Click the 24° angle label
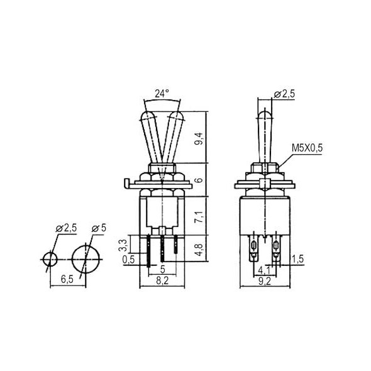tap(162, 94)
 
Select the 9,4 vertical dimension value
tap(199, 138)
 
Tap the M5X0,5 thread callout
tap(307, 148)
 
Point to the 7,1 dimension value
tap(199, 217)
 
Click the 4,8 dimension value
tap(199, 250)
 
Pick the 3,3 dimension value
tap(123, 245)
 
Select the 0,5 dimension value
tap(128, 260)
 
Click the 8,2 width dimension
tap(162, 280)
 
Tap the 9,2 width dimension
tap(265, 282)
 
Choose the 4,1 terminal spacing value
tap(264, 270)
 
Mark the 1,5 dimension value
tap(297, 259)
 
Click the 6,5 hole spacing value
tap(67, 279)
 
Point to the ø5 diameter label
tap(99, 228)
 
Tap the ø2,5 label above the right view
tap(284, 94)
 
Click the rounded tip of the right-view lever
tap(265, 111)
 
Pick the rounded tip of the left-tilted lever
tap(148, 113)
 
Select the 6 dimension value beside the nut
tap(199, 180)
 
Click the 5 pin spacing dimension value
tap(163, 269)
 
